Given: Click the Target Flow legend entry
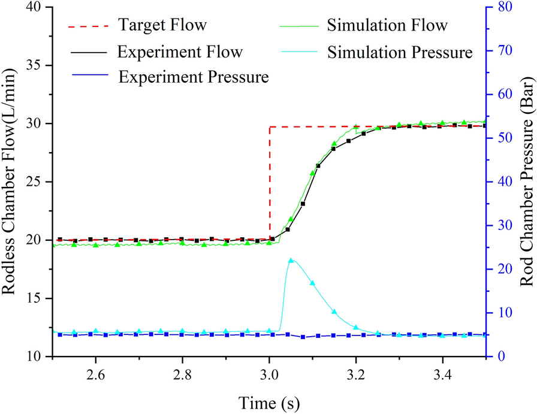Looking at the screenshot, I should coord(162,26).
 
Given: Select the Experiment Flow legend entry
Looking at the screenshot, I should coord(180,52).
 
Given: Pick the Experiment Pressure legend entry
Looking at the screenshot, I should coord(193,77).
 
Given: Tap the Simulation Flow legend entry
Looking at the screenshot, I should coord(387,26).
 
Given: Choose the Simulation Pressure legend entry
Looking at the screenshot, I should coord(400,52).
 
